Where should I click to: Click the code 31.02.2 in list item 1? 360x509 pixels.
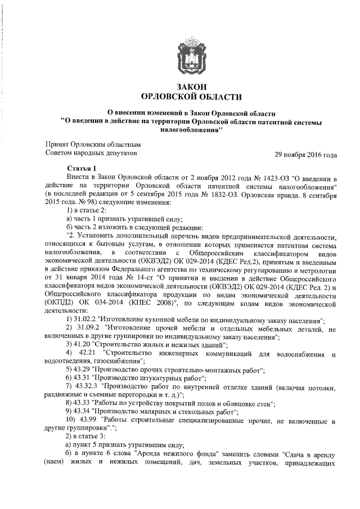[x=87, y=319]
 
